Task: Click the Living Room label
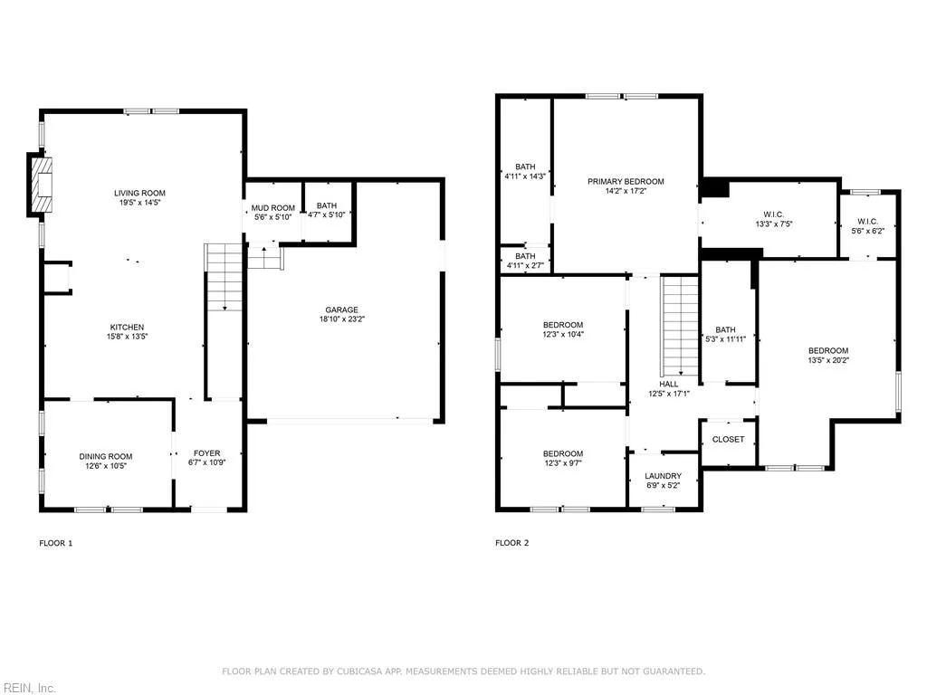pos(139,193)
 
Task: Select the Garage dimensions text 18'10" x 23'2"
pos(343,319)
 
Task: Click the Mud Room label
pos(272,207)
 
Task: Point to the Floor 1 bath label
pos(326,206)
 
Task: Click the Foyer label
pos(207,453)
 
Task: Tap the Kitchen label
pos(127,327)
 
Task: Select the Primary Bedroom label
pos(626,182)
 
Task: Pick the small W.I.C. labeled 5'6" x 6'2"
pos(867,222)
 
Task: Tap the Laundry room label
pos(662,476)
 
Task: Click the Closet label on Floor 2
pos(728,439)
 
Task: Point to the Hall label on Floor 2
pos(669,384)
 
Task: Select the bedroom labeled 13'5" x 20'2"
pos(828,351)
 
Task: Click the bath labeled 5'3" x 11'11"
pos(725,330)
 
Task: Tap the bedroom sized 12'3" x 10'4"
pos(563,325)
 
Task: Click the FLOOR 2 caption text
pos(511,543)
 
